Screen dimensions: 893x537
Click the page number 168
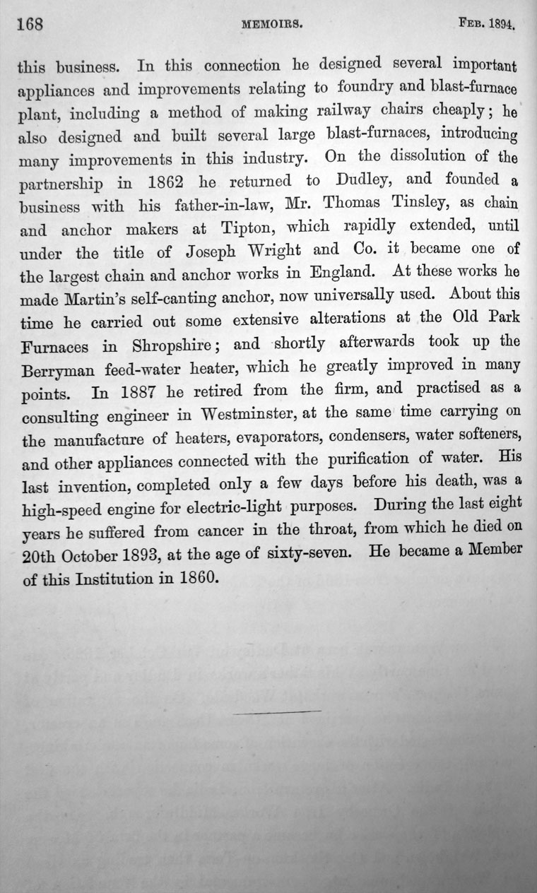click(x=30, y=25)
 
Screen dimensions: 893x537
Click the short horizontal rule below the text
click(x=277, y=711)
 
